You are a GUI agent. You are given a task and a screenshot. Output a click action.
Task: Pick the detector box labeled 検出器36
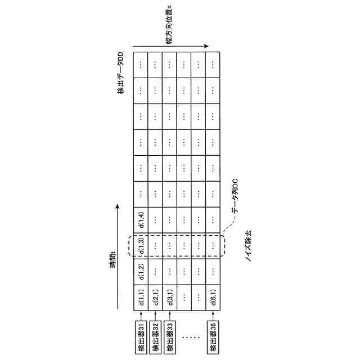click(x=213, y=336)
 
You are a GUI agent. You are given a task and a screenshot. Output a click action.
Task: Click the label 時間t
click(x=112, y=260)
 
